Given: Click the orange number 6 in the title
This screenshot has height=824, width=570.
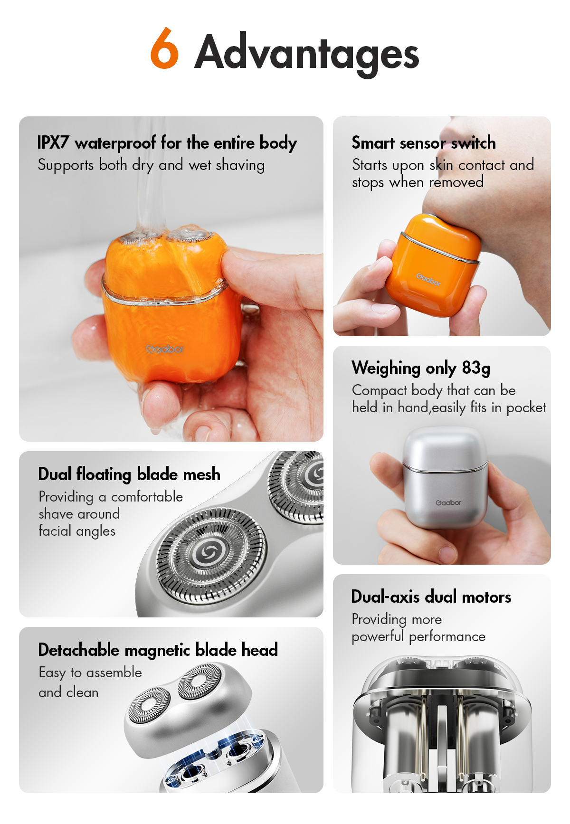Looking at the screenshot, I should coord(164,49).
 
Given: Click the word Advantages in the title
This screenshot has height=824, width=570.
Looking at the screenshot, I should coord(307,53).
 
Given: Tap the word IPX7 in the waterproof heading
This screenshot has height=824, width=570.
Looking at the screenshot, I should coord(53,142).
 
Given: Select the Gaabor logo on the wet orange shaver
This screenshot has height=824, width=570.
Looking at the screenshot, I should coord(164,349).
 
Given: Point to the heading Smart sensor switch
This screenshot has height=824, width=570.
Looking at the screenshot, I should coord(423,142).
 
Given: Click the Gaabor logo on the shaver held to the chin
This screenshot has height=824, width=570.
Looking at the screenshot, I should coord(428,279).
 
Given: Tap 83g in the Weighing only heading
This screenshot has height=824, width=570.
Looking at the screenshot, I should coord(476,368).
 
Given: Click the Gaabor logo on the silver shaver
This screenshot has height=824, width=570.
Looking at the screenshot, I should coord(448,502).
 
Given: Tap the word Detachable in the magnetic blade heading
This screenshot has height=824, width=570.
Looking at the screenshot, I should coord(78,650).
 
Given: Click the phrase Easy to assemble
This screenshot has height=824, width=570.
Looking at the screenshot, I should coord(90,672).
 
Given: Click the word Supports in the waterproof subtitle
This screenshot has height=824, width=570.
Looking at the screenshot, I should coord(66,165).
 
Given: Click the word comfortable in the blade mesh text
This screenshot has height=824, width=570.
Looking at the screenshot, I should coord(147,497).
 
